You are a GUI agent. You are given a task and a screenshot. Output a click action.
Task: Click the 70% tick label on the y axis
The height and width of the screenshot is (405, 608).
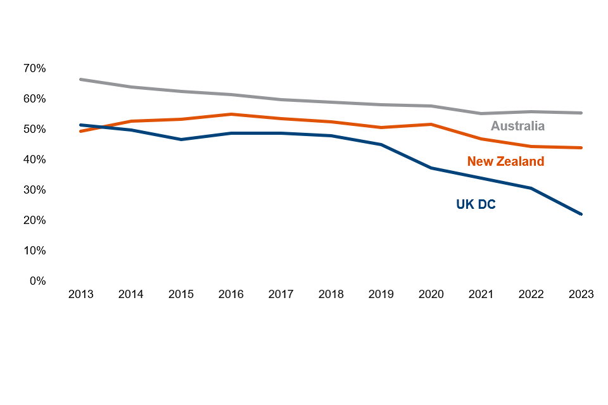coord(35,68)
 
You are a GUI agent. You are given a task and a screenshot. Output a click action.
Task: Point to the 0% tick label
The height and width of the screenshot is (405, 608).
coord(37,281)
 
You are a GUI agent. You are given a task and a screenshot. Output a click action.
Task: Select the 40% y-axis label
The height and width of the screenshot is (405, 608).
coord(35,159)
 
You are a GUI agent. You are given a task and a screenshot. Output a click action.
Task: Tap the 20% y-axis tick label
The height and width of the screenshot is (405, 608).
coord(35,220)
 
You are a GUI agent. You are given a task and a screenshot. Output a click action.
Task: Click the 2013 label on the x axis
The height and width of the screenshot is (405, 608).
coord(81,295)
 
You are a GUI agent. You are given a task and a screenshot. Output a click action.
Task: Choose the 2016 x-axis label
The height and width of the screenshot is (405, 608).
coord(231,295)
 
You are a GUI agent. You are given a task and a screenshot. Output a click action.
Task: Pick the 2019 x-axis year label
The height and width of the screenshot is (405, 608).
coord(381,295)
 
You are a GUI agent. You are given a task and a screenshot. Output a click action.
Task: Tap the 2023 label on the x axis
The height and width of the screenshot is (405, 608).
coord(581,295)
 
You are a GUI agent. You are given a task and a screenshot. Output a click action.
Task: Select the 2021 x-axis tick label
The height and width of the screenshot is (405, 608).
coord(481,295)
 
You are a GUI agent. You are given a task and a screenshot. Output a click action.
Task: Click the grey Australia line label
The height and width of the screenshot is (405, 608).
coord(517,126)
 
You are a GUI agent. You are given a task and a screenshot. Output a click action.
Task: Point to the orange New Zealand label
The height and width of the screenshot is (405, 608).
coord(505,161)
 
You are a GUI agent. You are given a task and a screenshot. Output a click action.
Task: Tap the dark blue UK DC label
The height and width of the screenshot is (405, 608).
coord(476,204)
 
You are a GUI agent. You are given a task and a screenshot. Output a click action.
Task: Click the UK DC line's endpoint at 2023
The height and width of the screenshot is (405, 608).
coord(581,214)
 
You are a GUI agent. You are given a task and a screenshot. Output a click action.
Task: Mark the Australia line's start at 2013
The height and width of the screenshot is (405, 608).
coord(81,79)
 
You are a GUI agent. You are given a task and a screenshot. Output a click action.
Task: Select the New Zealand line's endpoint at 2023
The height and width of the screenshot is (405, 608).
coord(581,147)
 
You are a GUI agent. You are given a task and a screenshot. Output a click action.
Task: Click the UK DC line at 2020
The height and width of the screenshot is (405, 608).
coord(431,168)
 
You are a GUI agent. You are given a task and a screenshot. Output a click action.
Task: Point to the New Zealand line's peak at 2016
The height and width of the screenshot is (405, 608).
coord(231,114)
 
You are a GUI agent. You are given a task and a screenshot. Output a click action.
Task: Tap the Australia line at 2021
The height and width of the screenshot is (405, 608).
coord(481,113)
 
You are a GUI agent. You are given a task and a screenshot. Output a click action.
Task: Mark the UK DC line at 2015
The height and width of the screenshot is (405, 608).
coord(181,139)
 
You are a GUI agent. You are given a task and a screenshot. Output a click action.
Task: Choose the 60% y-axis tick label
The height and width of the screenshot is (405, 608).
coord(35,99)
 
